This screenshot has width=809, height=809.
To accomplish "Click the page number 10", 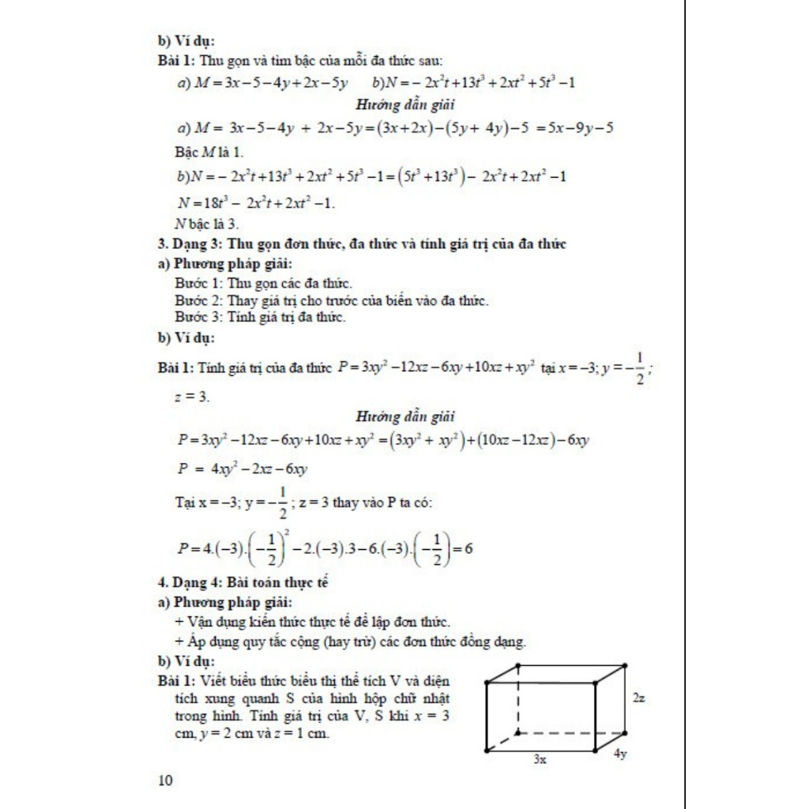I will (166, 781).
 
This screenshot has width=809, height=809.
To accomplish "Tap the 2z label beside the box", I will (641, 698).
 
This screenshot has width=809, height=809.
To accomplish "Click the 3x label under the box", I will (540, 758).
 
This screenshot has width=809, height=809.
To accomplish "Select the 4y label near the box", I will (620, 754).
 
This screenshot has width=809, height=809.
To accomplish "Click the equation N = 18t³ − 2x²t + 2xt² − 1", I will (256, 203).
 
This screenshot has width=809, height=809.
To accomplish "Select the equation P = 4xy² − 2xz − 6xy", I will (243, 468).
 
